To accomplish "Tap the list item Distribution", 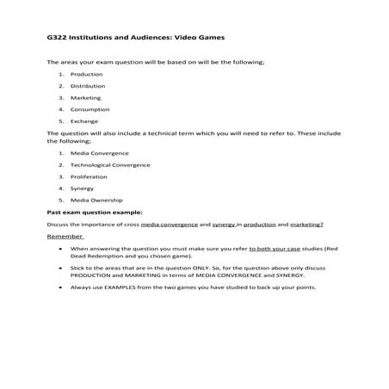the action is (x=87, y=86).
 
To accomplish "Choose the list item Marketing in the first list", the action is (x=85, y=98).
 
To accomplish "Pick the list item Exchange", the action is (x=84, y=122).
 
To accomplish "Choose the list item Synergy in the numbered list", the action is (x=83, y=188).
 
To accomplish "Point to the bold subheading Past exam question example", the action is (x=94, y=212).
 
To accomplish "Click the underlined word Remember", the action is (x=65, y=236).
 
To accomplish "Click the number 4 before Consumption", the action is (x=61, y=110).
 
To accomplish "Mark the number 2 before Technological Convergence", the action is (x=61, y=164).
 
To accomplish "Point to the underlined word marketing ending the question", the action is (x=306, y=224).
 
